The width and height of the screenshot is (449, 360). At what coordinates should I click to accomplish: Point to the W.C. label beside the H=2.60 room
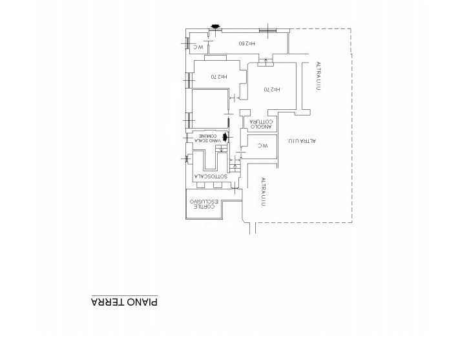[200, 47]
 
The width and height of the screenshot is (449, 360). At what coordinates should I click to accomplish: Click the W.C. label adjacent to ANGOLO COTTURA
[262, 147]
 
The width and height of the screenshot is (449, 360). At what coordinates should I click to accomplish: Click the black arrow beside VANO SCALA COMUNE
[225, 137]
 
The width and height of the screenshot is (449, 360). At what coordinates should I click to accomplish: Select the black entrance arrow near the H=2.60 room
[215, 26]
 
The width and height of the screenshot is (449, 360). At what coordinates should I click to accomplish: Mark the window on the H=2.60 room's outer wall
[267, 30]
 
